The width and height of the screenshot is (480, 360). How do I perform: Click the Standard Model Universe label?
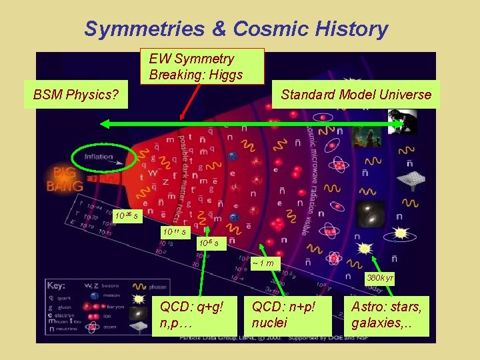click(x=356, y=95)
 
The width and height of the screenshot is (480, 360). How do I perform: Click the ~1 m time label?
click(x=263, y=262)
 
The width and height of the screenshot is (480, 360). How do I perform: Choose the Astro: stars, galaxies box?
click(x=387, y=315)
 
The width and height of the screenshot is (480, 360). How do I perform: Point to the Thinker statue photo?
click(x=404, y=122)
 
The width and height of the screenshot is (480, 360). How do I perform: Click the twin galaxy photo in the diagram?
click(x=370, y=214)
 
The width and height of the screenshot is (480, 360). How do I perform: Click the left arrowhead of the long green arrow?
click(x=105, y=124)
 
